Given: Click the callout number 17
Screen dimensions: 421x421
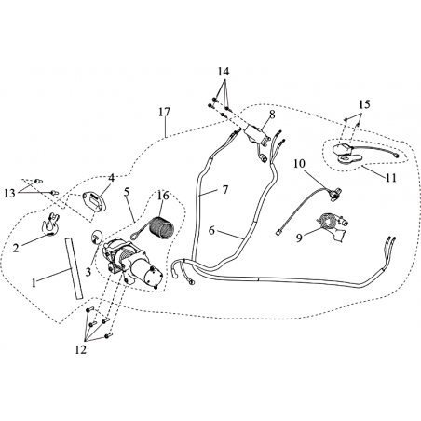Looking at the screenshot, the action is [164, 112].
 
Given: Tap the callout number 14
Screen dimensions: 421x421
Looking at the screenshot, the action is [224, 72].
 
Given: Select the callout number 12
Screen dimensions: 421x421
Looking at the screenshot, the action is [80, 350].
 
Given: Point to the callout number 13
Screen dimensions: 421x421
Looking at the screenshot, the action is [9, 194].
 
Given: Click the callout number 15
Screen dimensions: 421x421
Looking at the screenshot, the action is [364, 104].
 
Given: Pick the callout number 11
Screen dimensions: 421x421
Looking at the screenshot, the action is [391, 178].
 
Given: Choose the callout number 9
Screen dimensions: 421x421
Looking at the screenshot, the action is [299, 238].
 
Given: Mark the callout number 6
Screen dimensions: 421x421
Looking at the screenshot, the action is [211, 231].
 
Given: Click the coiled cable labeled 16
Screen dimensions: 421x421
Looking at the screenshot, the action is [161, 228].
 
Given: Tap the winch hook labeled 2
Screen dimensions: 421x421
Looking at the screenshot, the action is [50, 224].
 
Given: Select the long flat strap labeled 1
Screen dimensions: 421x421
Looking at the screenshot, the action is [75, 268].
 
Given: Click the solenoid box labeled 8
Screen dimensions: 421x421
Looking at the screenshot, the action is [256, 134].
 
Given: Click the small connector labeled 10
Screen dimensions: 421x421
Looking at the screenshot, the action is [334, 194].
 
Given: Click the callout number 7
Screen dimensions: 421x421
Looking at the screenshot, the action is [225, 189].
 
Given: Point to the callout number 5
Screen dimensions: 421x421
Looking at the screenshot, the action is [127, 192].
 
